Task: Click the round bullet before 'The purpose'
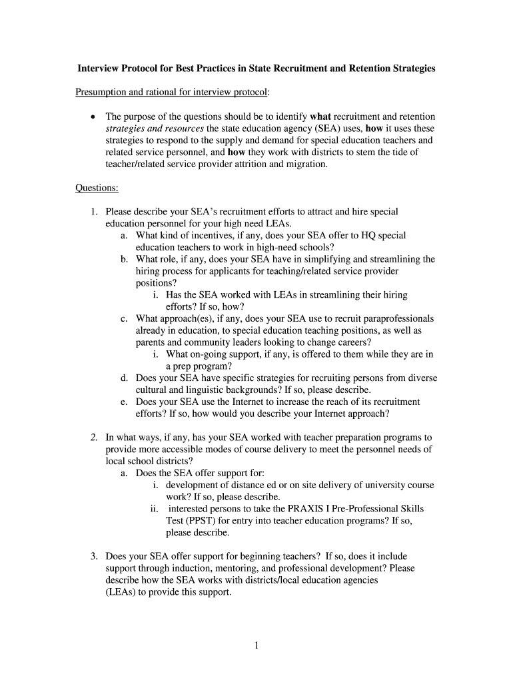point(93,117)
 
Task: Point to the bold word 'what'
point(320,116)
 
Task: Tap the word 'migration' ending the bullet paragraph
point(306,164)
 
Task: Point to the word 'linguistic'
point(197,390)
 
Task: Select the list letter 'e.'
point(125,402)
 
